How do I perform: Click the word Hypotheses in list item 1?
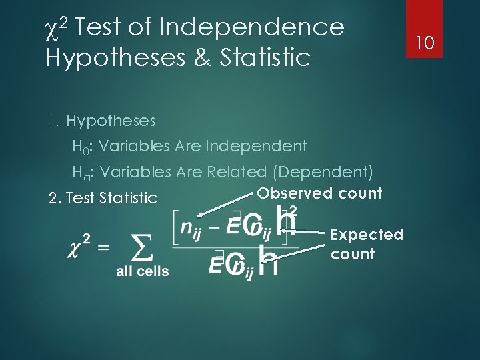[x=111, y=121]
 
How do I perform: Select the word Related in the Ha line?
[x=236, y=172]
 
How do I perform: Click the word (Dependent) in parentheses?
[x=323, y=172]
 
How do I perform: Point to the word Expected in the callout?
[x=367, y=235]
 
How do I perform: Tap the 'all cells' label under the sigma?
[x=143, y=271]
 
